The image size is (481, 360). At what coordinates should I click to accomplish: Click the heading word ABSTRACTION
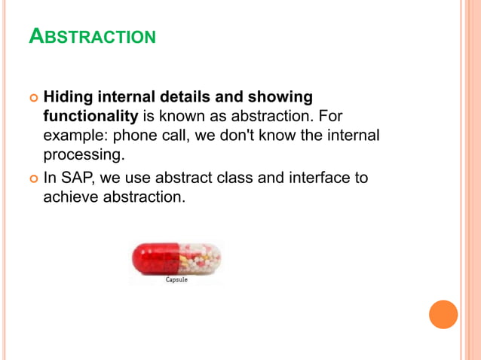point(92,35)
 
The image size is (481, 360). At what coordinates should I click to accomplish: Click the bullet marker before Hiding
point(32,98)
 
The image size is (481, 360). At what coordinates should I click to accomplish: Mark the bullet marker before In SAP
point(32,179)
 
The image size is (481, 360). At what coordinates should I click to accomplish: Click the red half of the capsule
point(155,259)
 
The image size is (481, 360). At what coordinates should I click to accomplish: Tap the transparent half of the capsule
point(201,259)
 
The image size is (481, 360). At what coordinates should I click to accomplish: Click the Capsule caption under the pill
point(176,279)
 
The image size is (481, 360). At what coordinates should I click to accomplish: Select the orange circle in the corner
point(443,314)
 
